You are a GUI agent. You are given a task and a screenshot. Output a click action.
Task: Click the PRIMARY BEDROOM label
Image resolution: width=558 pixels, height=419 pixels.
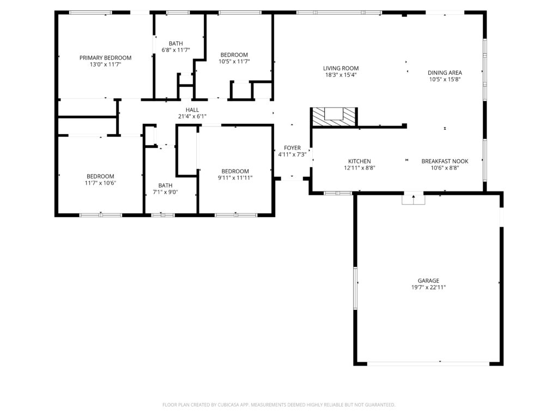(x=105, y=58)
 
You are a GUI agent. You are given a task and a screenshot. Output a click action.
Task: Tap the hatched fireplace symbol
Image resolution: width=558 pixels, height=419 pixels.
(x=334, y=117)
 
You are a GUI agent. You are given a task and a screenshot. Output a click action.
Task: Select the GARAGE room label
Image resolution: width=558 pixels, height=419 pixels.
(x=428, y=281)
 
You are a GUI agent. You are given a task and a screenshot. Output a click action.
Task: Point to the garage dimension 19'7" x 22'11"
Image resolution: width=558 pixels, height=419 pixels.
(x=428, y=288)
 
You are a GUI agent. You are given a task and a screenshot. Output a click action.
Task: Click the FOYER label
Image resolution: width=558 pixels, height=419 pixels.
(x=292, y=148)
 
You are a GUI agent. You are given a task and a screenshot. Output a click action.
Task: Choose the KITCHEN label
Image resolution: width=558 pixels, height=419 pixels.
(x=360, y=161)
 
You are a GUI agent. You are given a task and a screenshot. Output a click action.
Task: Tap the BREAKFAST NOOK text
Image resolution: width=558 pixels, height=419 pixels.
(x=445, y=161)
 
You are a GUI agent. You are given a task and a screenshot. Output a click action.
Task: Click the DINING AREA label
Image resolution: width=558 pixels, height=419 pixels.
(x=445, y=73)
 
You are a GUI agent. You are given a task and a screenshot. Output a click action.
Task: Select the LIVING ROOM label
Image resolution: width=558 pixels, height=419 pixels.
(x=341, y=68)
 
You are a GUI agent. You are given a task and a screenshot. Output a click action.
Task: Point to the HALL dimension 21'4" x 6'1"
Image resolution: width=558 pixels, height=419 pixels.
(x=192, y=117)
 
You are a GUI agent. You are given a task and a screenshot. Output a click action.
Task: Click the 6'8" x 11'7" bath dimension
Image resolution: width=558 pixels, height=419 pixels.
(x=176, y=50)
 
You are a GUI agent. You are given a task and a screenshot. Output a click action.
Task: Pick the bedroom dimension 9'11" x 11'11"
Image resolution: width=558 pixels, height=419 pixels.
(x=235, y=178)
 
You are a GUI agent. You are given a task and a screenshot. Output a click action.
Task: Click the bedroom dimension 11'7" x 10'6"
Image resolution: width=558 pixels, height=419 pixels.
(x=100, y=183)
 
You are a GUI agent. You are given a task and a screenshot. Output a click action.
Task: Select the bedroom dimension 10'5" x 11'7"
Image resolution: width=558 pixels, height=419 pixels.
(x=234, y=62)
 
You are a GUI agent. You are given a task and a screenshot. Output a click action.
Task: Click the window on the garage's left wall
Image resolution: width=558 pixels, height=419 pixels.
(x=355, y=288)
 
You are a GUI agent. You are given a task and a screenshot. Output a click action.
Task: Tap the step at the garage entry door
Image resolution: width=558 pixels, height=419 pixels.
(x=414, y=199)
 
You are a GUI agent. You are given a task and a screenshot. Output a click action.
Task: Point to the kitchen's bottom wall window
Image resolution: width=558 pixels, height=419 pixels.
(x=338, y=193)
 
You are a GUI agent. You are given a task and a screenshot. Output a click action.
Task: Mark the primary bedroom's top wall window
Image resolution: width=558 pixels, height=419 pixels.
(x=90, y=13)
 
